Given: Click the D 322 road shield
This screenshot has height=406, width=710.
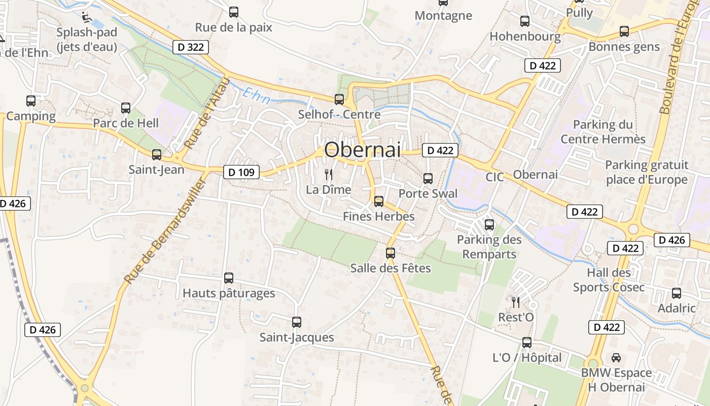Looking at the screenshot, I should coord(191,47).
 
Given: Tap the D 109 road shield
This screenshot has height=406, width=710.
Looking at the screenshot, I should coord(241,172).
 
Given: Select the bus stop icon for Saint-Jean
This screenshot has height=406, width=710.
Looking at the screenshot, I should coord(157,154).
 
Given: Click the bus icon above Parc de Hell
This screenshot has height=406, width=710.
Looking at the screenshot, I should coord(126,108).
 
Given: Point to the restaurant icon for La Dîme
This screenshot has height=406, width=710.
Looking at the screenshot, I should coord(329,175).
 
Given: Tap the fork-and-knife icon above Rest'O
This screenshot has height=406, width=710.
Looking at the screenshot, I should coord(516,302).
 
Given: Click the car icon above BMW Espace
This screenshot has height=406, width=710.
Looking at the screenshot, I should coord(616,358).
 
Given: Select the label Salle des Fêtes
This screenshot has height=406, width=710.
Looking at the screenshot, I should coord(390,268).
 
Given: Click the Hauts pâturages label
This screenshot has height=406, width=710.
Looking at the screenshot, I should coord(229,293).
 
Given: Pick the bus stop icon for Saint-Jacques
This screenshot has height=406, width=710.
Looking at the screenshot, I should coord(297,322).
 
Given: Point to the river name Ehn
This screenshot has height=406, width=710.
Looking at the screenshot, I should coord(254,94).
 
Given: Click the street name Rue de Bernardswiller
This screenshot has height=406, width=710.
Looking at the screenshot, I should coord(164,231).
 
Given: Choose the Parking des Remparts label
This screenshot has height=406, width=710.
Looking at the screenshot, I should coord(489,247).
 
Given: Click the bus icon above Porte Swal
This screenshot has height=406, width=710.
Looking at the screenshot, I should coord(428,178).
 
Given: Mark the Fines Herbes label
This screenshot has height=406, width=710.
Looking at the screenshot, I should coord(379,216).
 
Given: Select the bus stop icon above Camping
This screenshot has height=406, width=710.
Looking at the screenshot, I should coord(31,100).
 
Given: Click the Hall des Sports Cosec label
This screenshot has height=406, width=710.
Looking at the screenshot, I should coord(609,280).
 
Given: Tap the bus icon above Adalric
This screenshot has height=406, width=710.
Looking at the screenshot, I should coord(677,293).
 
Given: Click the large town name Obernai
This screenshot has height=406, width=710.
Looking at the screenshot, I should coord(362,149).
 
